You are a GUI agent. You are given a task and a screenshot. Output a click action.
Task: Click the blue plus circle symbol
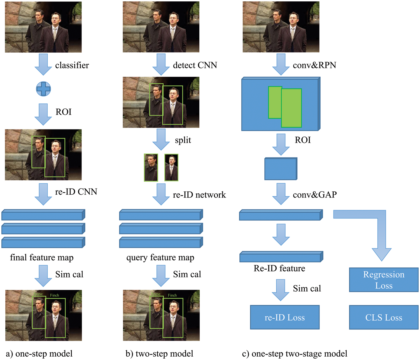click(43, 89)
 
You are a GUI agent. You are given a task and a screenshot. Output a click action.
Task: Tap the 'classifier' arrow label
click(72, 65)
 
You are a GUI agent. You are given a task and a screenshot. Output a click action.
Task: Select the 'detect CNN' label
click(195, 65)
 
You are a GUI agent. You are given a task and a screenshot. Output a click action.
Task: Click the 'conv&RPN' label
click(314, 65)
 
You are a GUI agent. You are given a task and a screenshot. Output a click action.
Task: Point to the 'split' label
click(183, 140)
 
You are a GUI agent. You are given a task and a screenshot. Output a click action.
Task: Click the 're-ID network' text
click(199, 195)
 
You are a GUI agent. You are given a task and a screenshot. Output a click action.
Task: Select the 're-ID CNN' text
click(76, 192)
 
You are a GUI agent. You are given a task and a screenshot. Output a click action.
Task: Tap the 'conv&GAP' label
click(315, 195)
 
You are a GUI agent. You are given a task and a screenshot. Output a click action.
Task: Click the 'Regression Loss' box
click(384, 280)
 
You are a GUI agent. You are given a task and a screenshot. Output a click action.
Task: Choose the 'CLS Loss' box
click(384, 317)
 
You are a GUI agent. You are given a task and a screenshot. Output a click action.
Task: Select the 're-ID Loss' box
click(284, 317)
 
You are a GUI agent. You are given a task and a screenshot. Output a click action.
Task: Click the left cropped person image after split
click(151, 168)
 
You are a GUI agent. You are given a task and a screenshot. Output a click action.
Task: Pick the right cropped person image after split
click(171, 168)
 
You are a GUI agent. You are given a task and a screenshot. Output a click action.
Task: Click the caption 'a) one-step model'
click(39, 354)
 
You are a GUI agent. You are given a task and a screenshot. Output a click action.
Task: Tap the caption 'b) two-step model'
click(159, 354)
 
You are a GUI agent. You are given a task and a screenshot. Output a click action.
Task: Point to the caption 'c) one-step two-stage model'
click(295, 354)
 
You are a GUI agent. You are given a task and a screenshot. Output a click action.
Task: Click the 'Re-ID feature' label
click(279, 268)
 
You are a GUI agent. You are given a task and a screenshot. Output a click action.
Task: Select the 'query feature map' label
click(160, 257)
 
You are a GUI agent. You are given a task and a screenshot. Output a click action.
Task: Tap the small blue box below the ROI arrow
click(281, 169)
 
